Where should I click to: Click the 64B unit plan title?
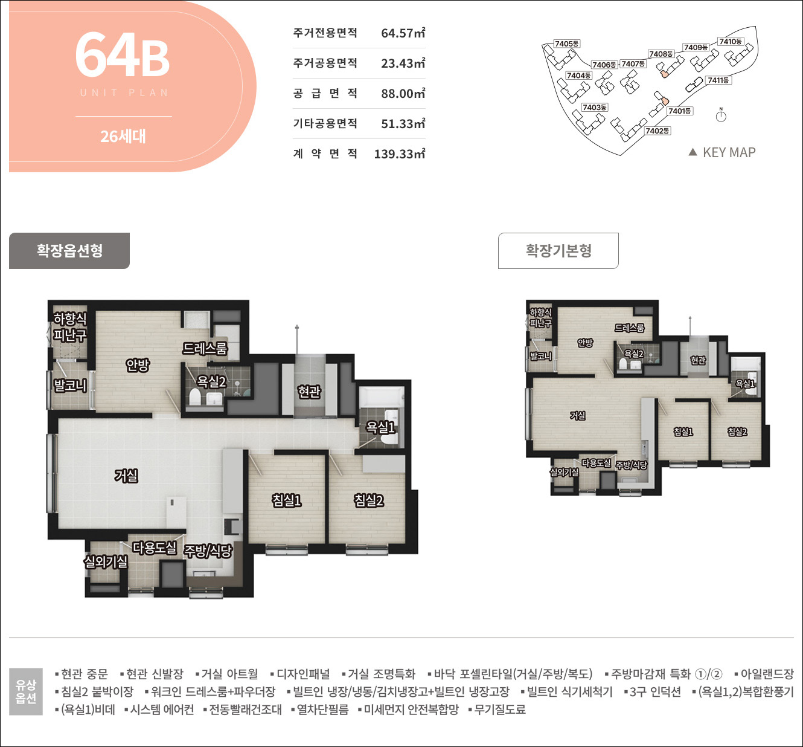point(123,56)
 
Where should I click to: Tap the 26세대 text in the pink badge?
point(123,137)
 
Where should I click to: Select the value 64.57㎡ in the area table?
point(403,33)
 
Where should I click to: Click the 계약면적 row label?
point(325,154)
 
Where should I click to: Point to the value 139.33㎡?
point(399,154)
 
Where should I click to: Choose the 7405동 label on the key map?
point(567,44)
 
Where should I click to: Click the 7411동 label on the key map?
point(718,80)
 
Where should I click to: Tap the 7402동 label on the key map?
point(657,131)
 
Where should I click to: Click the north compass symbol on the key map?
point(721,115)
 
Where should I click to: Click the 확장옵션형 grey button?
point(69,251)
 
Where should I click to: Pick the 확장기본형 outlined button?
point(558,251)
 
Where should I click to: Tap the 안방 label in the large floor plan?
point(138,365)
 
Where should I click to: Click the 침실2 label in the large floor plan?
point(369,500)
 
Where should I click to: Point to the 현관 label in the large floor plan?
point(309,392)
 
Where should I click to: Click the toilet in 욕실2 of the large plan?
point(195,398)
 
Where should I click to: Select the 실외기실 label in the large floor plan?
point(106,562)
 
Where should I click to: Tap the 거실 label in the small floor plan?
point(578,416)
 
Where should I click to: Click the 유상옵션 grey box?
point(26,691)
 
